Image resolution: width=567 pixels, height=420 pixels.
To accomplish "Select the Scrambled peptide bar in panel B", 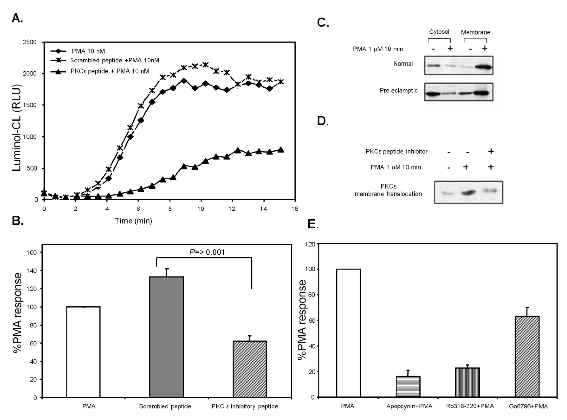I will coord(167,337).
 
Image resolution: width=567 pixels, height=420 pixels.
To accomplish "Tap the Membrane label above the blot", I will coord(476,32).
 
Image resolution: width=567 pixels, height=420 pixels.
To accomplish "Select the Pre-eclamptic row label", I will coord(399,91).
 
